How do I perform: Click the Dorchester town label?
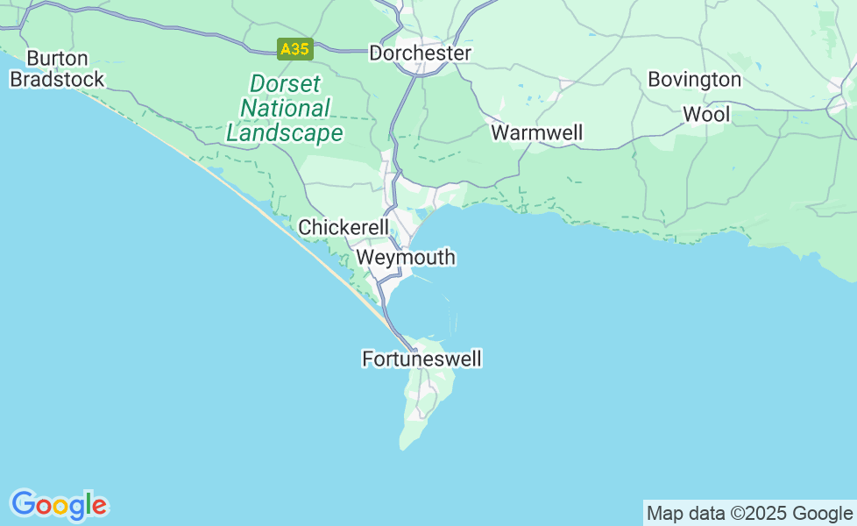click(420, 53)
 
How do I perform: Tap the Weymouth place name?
click(406, 258)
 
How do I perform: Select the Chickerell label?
click(344, 228)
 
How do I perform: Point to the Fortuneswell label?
click(421, 359)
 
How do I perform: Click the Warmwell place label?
click(536, 133)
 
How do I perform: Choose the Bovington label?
click(694, 80)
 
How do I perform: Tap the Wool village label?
click(705, 115)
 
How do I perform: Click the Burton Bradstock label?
click(57, 69)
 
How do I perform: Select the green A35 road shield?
click(294, 49)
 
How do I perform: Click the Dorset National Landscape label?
click(285, 109)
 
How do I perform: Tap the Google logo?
click(59, 505)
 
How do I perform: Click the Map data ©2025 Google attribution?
click(749, 514)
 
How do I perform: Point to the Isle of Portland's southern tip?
click(406, 448)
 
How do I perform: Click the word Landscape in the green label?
click(285, 133)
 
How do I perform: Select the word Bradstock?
click(57, 80)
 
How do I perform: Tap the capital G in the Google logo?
click(23, 504)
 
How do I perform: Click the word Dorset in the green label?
click(286, 84)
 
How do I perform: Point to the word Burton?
click(57, 59)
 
